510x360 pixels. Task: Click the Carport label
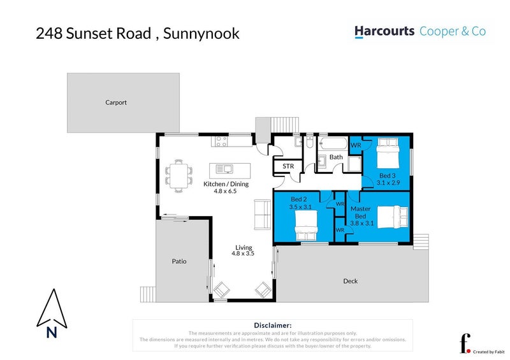[116, 102]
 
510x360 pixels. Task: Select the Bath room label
[336, 157]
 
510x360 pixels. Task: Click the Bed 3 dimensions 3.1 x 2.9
[388, 183]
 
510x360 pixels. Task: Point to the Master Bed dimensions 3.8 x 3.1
[361, 223]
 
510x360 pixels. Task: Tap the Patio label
[178, 261]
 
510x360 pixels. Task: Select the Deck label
[351, 281]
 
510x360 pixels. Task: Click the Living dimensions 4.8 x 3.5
[243, 254]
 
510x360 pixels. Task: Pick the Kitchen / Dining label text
[226, 184]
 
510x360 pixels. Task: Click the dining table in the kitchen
[179, 175]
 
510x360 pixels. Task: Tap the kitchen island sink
[224, 169]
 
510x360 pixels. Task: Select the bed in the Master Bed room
[390, 217]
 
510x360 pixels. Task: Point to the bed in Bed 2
[305, 226]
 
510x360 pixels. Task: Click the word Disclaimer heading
[272, 325]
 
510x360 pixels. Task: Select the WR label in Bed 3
[356, 145]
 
